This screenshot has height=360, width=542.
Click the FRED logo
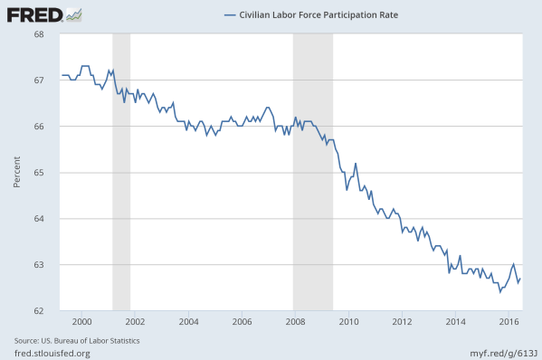[x=34, y=15]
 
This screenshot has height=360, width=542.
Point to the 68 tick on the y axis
[x=39, y=34]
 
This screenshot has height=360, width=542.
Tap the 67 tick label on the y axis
[x=39, y=81]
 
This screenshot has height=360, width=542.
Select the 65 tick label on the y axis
[x=39, y=173]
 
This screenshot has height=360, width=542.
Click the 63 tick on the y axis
[x=39, y=265]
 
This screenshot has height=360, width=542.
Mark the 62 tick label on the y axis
[x=39, y=311]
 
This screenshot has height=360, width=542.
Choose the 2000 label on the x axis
[x=81, y=322]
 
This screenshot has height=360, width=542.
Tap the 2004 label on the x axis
[x=188, y=322]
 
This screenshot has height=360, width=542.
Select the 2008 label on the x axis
[x=295, y=322]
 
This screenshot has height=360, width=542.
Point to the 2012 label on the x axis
[x=402, y=322]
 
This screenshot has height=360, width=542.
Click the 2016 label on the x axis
[x=509, y=322]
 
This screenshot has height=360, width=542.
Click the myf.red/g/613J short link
[x=499, y=352]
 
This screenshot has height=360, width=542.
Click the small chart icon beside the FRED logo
[x=74, y=14]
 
